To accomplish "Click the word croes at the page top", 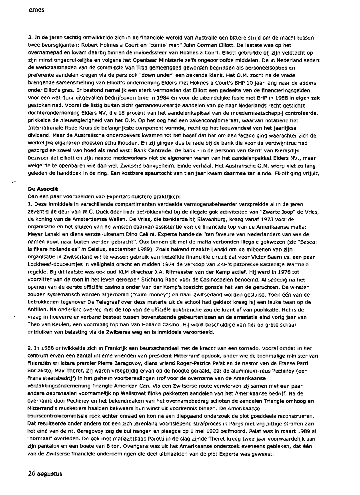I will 36,10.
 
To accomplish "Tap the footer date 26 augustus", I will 45,474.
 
